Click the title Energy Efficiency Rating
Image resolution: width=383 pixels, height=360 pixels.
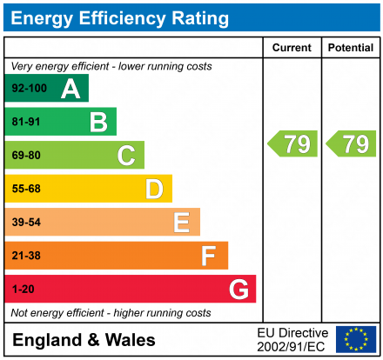point(121,17)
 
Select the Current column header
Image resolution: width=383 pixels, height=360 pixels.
point(292,48)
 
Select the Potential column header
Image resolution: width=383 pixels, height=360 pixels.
point(350,48)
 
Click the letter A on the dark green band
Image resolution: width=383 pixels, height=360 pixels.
point(71,89)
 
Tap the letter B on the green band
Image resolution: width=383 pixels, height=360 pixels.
point(98,122)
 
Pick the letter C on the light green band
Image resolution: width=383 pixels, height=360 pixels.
point(126,156)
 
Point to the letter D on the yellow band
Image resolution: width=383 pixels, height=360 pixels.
point(154,189)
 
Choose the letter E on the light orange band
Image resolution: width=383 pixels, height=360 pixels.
point(181,223)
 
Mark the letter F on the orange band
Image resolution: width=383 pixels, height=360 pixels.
point(209,256)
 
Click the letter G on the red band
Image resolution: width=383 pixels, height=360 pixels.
point(238,289)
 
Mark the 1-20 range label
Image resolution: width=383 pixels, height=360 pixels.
point(22,289)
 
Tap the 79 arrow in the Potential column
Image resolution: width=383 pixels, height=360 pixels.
point(352,143)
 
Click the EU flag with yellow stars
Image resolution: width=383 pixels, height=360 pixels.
point(356,339)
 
